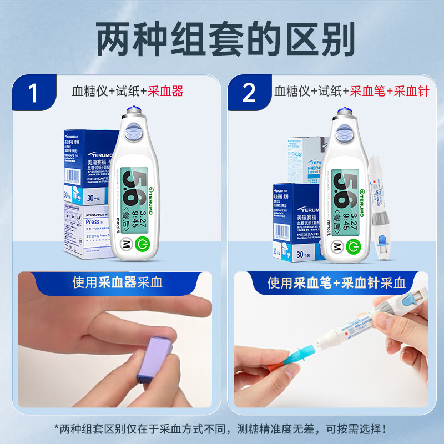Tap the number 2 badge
pos(249,92)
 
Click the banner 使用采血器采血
pos(117,282)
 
